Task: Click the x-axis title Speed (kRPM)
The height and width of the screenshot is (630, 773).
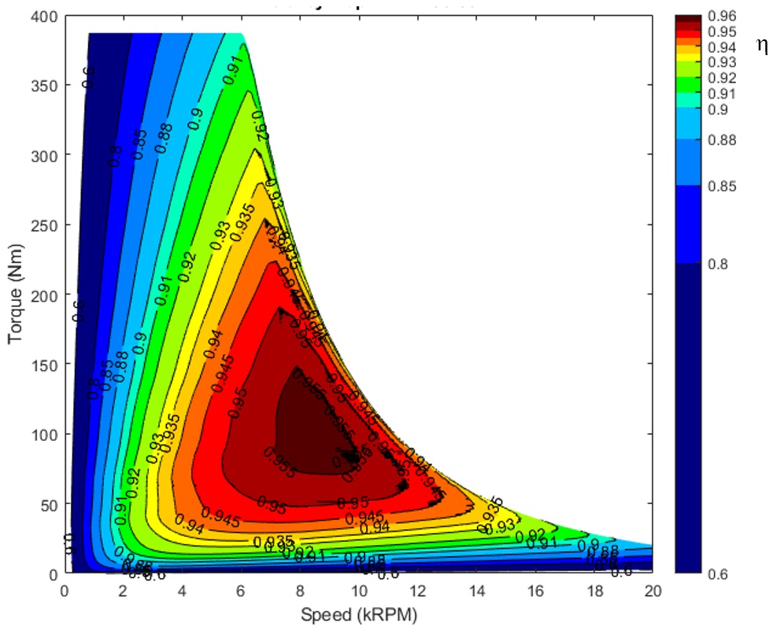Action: (x=358, y=613)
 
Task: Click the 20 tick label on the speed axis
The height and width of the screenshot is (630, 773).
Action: (x=652, y=590)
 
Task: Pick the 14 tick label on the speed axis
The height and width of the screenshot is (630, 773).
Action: (x=475, y=590)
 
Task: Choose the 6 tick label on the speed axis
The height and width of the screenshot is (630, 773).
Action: (x=242, y=590)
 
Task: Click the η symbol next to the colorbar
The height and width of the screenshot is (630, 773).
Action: (x=762, y=45)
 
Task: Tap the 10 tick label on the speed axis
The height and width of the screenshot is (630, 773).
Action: (x=358, y=590)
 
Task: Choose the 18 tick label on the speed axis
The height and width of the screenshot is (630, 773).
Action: (x=593, y=590)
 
